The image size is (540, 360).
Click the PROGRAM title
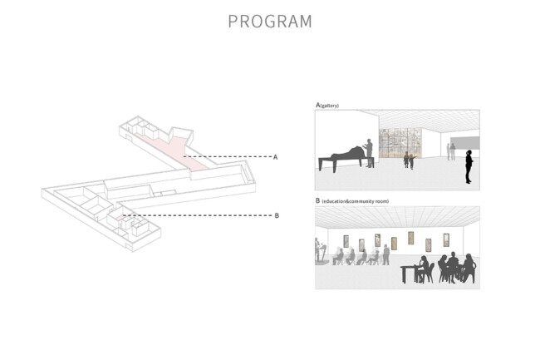pos(270,22)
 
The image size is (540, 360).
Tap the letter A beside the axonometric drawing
pos(275,157)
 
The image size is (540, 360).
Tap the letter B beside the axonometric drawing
pos(277,215)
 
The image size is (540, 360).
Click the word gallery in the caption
pos(330,106)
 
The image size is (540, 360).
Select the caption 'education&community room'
pos(355,201)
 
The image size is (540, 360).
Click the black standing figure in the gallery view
pos(469,167)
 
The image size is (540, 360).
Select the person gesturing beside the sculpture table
pos(369,153)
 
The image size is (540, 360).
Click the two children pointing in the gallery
pos(409,160)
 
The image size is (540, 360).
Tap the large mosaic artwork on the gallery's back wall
pos(401,143)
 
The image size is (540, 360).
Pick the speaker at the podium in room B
pos(317,249)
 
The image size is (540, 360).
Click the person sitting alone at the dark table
pos(425,269)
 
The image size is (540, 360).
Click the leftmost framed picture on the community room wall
pos(346,241)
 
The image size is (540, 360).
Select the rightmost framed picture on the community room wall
pos(446,240)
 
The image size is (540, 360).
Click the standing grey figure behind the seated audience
pos(386,255)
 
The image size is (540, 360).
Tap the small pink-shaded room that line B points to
pos(120,218)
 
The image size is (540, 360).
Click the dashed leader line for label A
pos(228,157)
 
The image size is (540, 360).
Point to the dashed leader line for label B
pos(197,215)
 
